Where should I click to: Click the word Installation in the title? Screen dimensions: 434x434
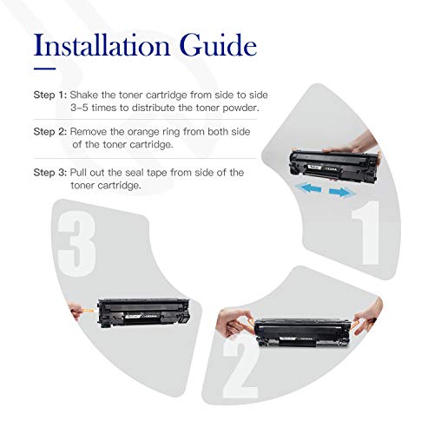[x=102, y=45]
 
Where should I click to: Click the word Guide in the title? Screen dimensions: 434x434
[x=218, y=45]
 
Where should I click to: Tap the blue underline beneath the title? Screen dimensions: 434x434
[x=44, y=69]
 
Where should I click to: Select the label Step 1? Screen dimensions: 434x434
[x=50, y=95]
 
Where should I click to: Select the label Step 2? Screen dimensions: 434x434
[x=50, y=132]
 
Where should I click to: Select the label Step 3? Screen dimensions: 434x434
[x=50, y=173]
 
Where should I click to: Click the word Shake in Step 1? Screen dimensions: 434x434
[x=84, y=95]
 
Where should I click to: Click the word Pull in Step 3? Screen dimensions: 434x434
[x=78, y=173]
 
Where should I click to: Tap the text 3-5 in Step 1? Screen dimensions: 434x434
[x=80, y=108]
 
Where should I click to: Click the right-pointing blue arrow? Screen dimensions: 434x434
[x=341, y=192]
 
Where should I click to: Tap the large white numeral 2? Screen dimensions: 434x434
[x=240, y=366]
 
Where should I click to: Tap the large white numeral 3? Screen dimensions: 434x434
[x=76, y=244]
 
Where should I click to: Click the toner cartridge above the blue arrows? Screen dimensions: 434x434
[x=334, y=166]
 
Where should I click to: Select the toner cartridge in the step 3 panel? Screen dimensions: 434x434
[x=144, y=313]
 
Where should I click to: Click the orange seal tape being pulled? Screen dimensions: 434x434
[x=89, y=311]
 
